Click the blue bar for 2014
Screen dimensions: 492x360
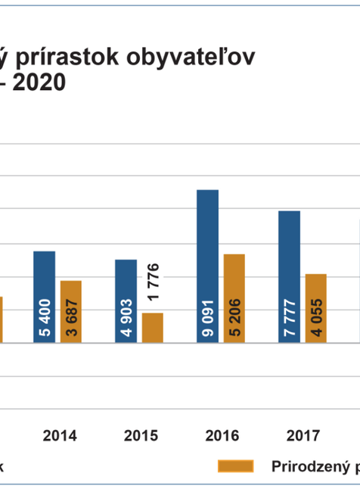pos(45,296)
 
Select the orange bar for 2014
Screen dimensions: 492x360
pos(70,311)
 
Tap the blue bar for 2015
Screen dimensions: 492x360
pos(126,300)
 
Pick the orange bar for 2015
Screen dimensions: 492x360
pos(153,327)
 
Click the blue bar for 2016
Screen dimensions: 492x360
pos(208,266)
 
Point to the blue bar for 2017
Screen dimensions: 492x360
pos(289,276)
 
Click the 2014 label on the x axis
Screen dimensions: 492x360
pos(59,436)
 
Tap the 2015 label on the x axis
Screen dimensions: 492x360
pos(141,436)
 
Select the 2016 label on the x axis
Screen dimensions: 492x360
pos(222,436)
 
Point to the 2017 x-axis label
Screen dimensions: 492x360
pos(303,436)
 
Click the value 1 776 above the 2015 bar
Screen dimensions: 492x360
pos(153,282)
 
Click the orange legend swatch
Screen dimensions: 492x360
pos(237,466)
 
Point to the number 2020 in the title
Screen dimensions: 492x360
pos(38,83)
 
